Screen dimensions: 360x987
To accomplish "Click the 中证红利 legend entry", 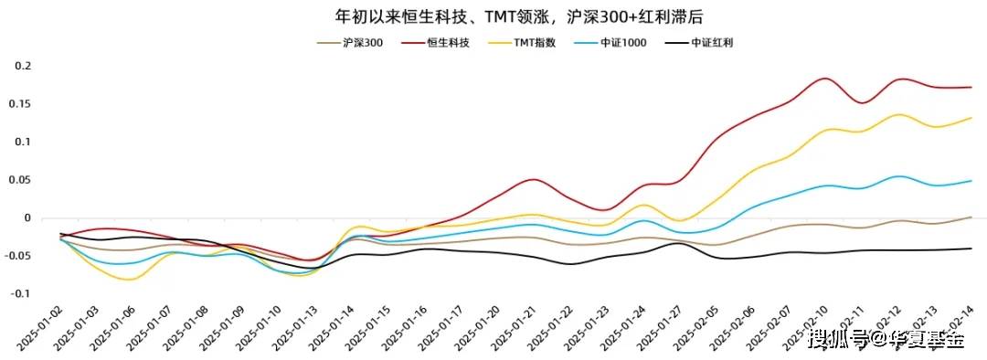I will coord(712,43).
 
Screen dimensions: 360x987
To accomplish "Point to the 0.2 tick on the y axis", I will coord(24,66).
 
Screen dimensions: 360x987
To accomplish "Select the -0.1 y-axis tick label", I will coord(22,294).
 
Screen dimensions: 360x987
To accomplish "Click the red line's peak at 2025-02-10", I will coord(824,79).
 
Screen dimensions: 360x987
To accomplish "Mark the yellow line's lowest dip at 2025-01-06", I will coord(129,280).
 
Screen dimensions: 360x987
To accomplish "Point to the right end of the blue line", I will coord(971,181).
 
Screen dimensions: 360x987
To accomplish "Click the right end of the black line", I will coord(971,249).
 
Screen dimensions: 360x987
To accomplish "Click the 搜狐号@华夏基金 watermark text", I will coord(886,341).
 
